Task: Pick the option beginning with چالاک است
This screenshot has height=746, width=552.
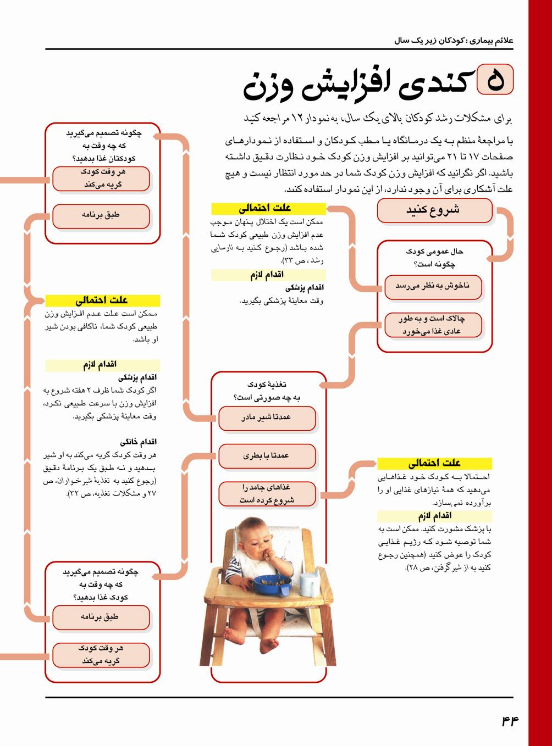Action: (x=434, y=325)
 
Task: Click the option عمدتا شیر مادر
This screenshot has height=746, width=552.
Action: (x=267, y=417)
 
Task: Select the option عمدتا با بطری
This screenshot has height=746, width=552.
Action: (x=267, y=456)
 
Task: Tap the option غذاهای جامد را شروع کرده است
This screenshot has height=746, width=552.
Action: (x=267, y=493)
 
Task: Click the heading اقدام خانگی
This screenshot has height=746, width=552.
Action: (x=139, y=442)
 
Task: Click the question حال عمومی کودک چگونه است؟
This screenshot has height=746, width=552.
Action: (x=434, y=258)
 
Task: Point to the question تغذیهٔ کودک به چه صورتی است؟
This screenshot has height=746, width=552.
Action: (x=267, y=391)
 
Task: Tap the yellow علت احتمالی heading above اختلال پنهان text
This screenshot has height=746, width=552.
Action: (x=268, y=209)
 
